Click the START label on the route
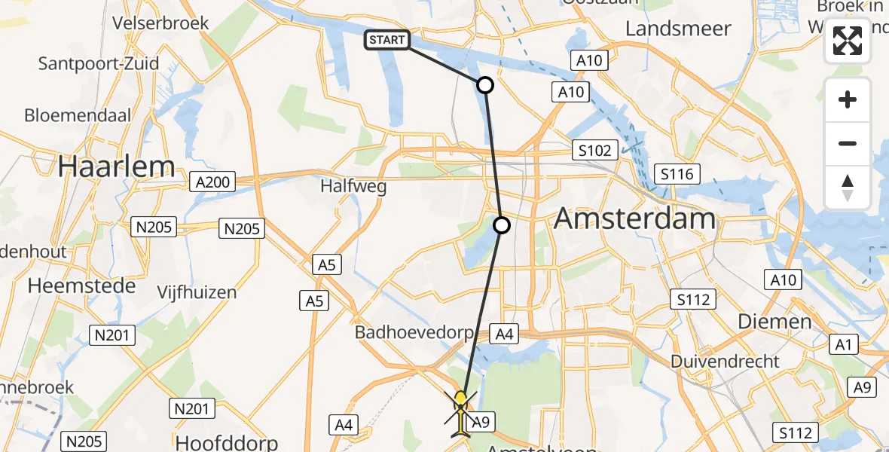(387, 40)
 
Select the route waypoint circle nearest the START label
(486, 85)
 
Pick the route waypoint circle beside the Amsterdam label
(502, 224)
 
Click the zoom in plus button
(848, 99)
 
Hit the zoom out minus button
(848, 143)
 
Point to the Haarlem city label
(117, 166)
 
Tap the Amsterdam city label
(634, 219)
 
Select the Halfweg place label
(353, 186)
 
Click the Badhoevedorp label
(414, 332)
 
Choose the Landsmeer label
(678, 29)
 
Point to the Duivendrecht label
(726, 361)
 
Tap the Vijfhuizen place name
(197, 292)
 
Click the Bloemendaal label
(78, 116)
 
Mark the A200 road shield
(213, 182)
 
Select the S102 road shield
(594, 150)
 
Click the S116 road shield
(676, 175)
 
